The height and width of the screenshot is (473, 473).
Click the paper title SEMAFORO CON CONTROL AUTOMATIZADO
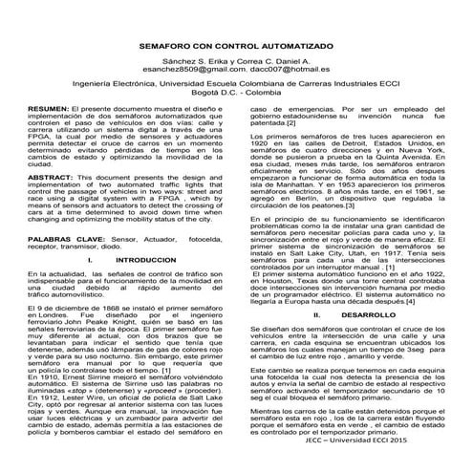click(x=236, y=45)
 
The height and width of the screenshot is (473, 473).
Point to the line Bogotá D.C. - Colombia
click(x=236, y=94)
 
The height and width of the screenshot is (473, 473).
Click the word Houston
click(x=269, y=282)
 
